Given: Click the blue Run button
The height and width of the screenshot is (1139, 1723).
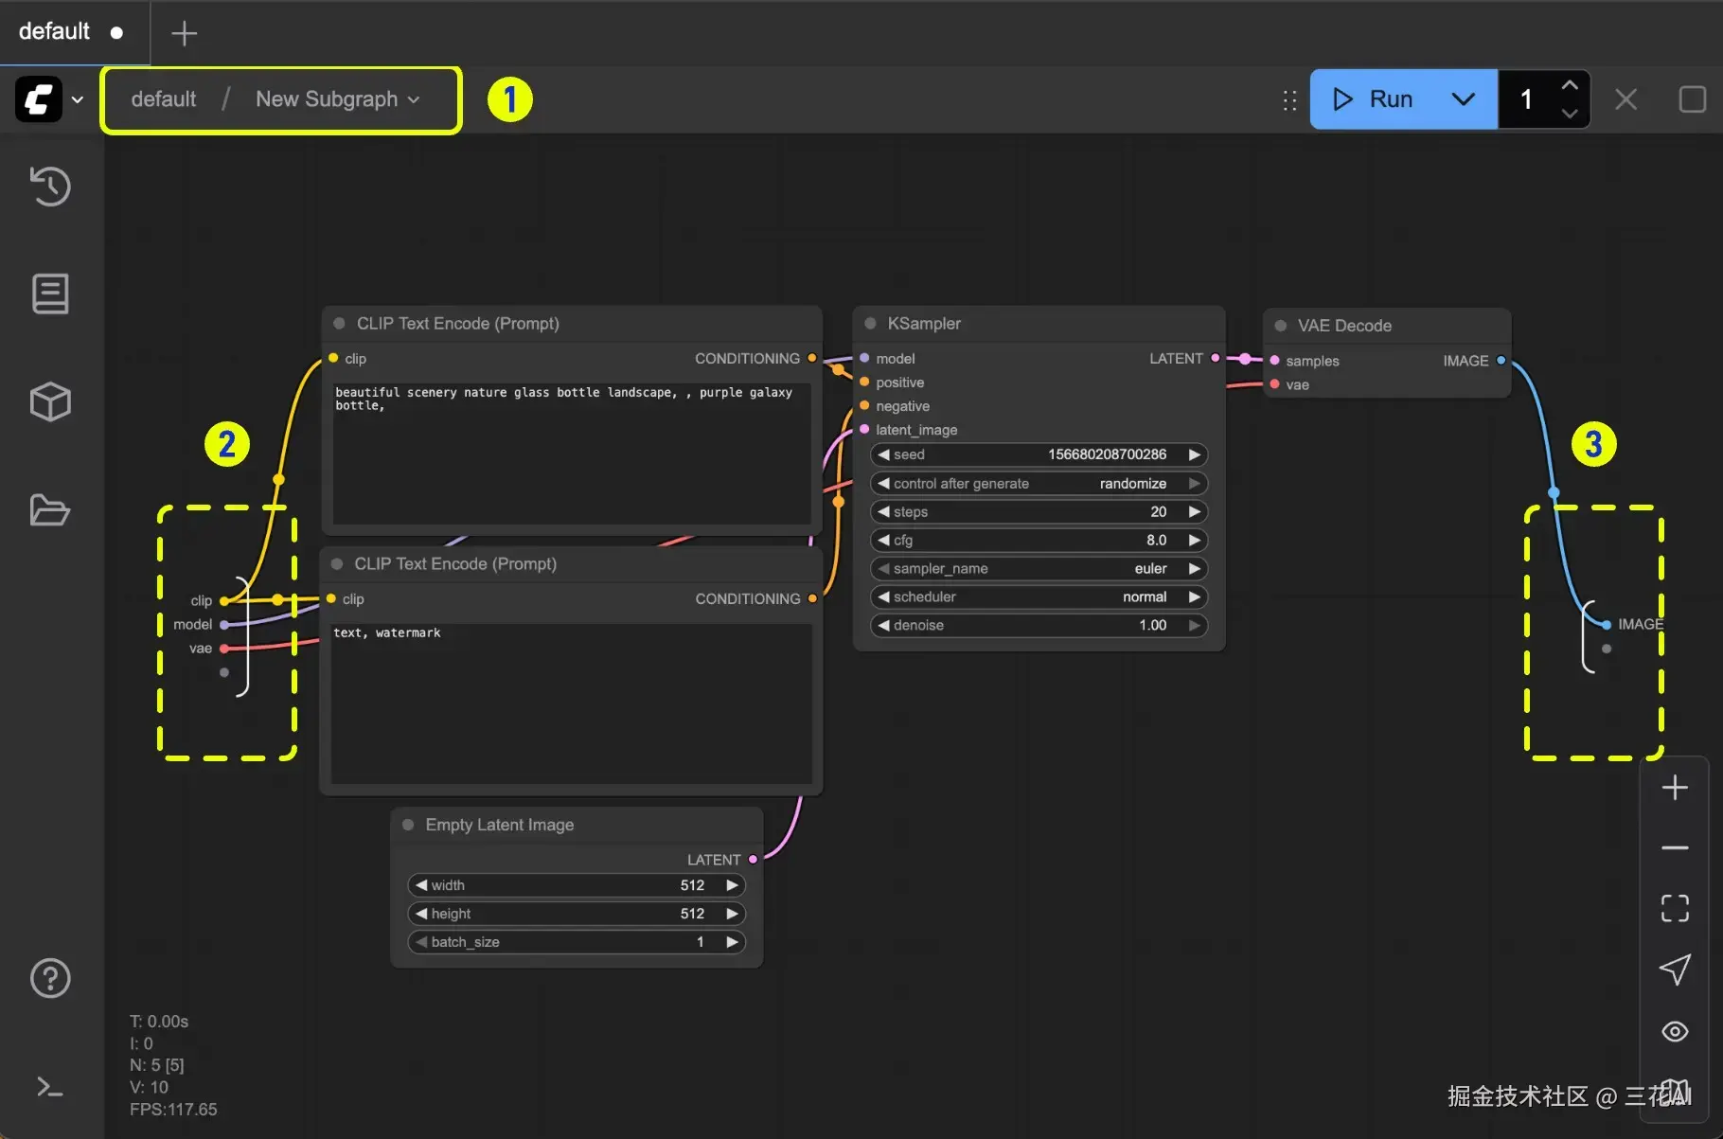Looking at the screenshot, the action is [x=1372, y=99].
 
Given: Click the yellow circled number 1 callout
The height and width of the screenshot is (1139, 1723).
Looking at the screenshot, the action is [x=510, y=99].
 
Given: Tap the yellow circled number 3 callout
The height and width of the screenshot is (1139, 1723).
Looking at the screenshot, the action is [x=1594, y=444].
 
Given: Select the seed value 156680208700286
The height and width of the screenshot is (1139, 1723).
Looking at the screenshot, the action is [x=1107, y=454].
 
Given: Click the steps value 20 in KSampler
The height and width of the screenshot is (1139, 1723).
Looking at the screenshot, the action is [x=1159, y=511].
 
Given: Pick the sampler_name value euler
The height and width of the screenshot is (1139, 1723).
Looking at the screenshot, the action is [x=1150, y=568].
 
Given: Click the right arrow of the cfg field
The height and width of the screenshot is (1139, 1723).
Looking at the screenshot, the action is [x=1195, y=540].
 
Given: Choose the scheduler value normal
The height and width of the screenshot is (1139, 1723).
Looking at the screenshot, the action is [x=1145, y=596].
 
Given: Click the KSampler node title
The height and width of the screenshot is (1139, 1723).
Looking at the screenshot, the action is [x=924, y=324].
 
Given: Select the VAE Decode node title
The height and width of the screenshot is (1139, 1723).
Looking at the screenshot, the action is [x=1344, y=326].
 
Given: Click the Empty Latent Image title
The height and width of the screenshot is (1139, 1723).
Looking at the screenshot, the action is [x=500, y=825].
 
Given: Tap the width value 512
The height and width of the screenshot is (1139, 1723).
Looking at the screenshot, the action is [x=692, y=885].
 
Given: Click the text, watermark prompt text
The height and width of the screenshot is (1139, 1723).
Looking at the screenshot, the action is [x=387, y=632].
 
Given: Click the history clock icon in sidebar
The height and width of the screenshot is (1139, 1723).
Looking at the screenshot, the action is [x=50, y=186].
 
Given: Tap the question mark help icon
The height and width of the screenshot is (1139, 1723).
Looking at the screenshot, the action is [x=50, y=978].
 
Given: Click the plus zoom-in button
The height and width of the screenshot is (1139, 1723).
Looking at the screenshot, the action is [x=1675, y=788].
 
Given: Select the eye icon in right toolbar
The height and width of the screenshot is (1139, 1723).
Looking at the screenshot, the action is [x=1675, y=1031].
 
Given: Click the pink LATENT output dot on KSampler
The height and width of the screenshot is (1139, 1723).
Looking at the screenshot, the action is [x=1216, y=359].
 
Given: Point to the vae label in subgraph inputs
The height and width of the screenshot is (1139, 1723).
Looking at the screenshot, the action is [x=201, y=649].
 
